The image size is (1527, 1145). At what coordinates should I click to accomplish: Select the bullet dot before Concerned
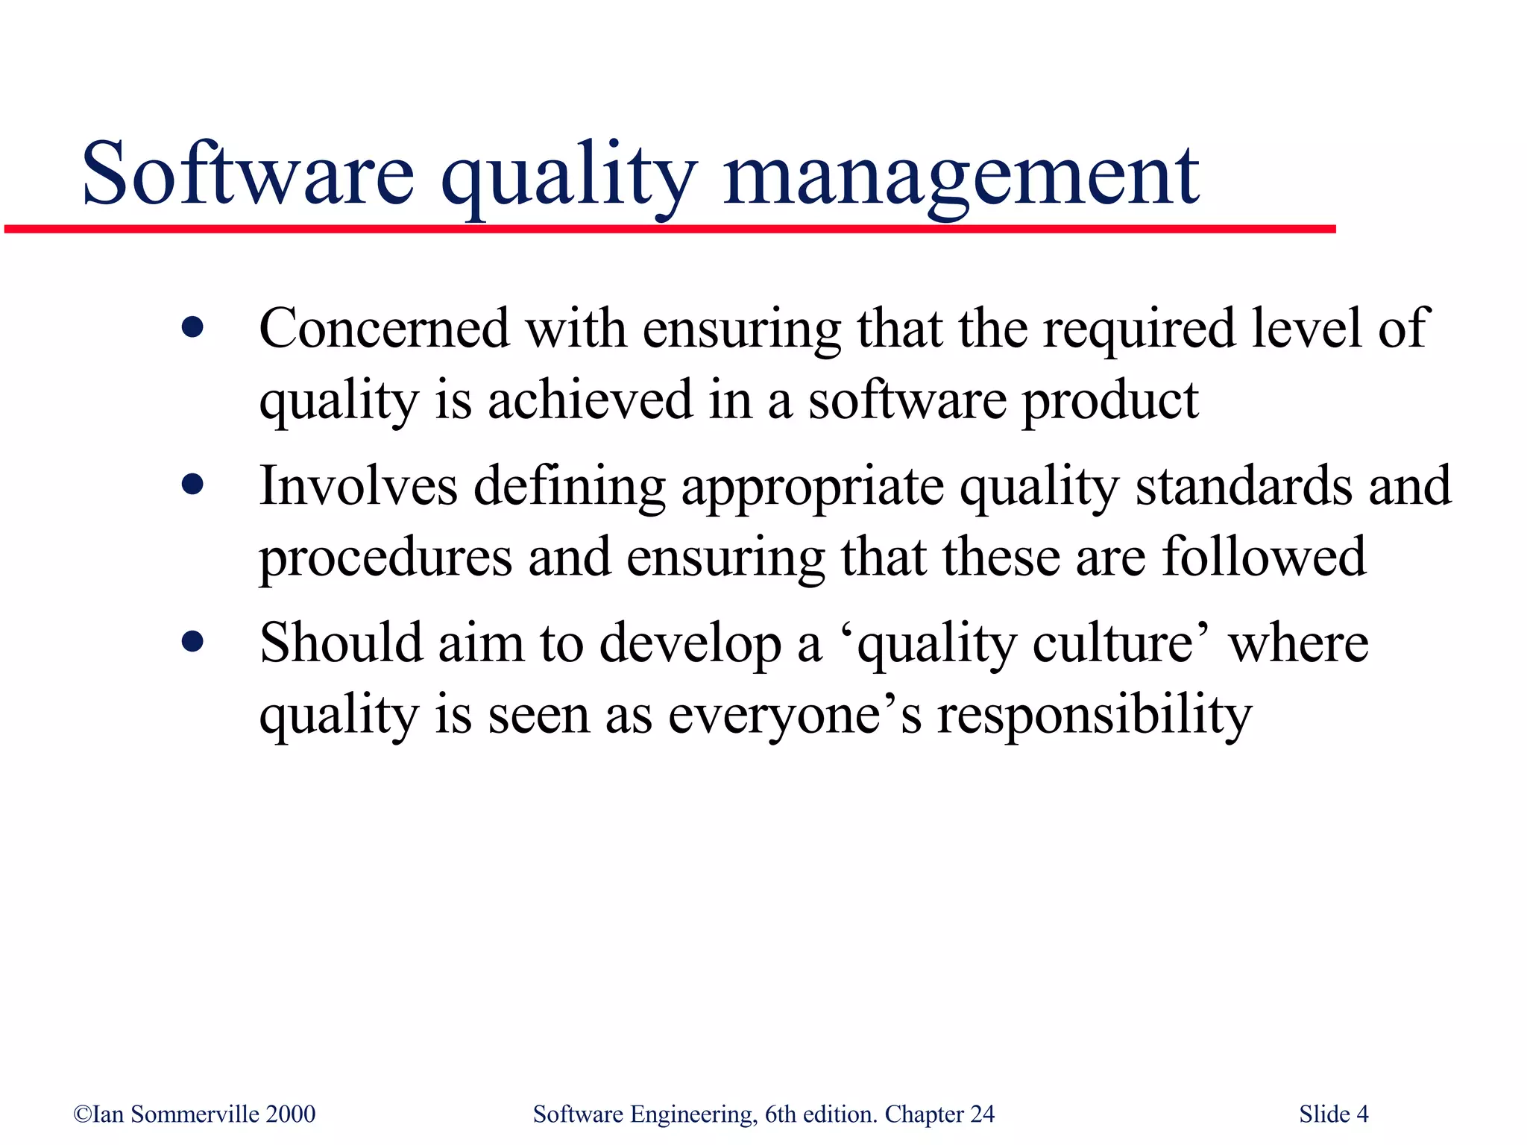192,328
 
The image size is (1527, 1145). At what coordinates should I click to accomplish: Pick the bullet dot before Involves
192,485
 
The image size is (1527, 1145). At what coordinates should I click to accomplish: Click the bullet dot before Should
192,642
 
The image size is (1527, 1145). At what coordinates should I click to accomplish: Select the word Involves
358,485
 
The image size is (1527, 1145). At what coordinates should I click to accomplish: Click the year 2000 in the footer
290,1114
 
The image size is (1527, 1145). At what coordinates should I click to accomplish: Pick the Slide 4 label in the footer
1333,1114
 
